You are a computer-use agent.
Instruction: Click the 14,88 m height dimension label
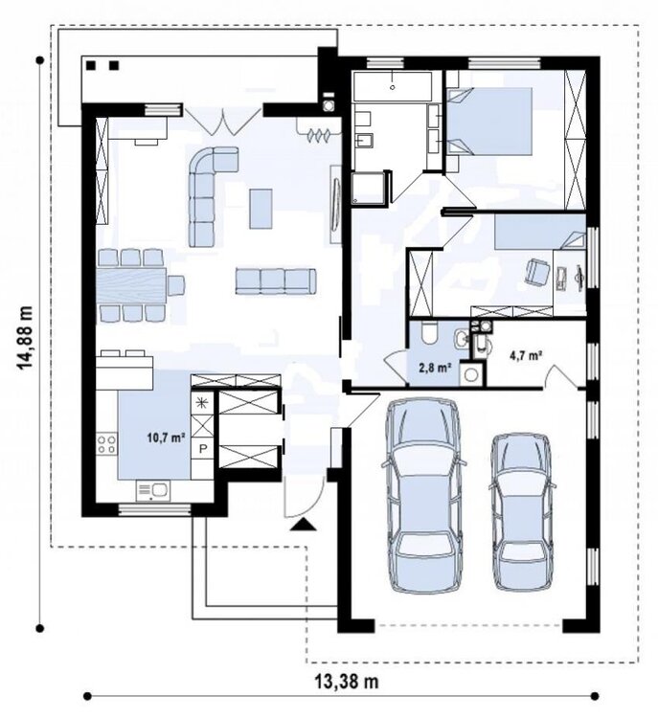[x=25, y=338]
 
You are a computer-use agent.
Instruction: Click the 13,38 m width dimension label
[x=347, y=682]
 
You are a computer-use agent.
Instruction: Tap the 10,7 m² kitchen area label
[x=166, y=438]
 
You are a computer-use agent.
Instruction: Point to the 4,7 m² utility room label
[x=526, y=355]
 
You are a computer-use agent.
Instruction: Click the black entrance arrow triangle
[x=304, y=525]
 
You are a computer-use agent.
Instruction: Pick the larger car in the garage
[x=423, y=496]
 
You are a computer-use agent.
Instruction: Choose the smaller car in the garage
[x=523, y=511]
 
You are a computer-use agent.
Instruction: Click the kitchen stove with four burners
[x=106, y=444]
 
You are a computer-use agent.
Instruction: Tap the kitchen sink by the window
[x=152, y=491]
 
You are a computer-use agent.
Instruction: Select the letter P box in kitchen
[x=202, y=449]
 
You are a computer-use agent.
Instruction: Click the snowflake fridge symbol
[x=202, y=402]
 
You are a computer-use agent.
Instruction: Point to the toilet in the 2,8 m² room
[x=431, y=333]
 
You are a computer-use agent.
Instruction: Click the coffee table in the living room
[x=261, y=209]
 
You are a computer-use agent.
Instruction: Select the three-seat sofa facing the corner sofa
[x=276, y=280]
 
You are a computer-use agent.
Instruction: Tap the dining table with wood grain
[x=131, y=285]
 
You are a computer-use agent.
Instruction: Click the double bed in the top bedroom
[x=489, y=122]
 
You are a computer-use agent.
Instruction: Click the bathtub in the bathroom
[x=393, y=86]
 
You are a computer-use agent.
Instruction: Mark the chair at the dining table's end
[x=175, y=285]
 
